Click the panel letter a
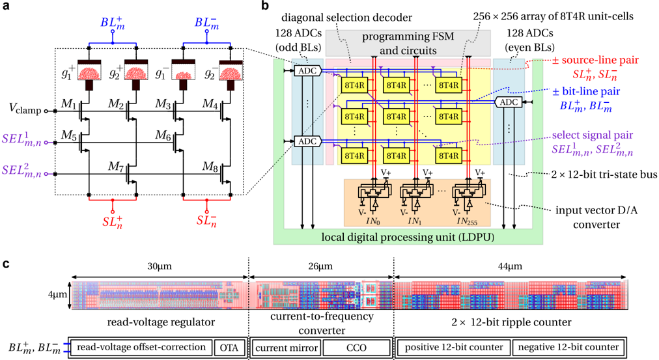(7, 7)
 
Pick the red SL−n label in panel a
(208, 220)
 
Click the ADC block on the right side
(510, 102)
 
